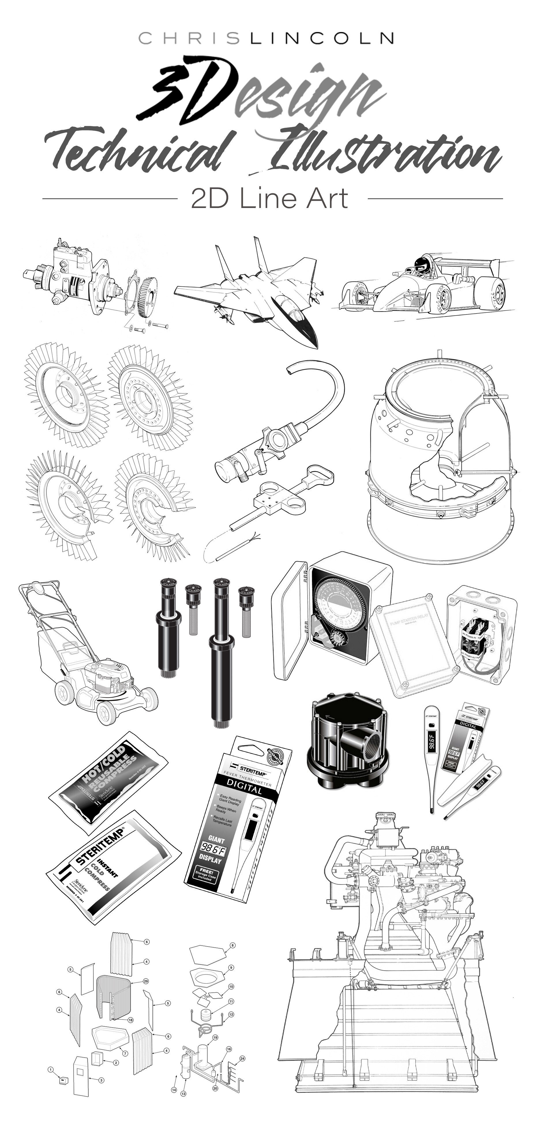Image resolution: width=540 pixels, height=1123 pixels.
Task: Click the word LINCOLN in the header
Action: coord(322,38)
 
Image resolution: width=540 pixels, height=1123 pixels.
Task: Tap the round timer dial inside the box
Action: coord(335,606)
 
